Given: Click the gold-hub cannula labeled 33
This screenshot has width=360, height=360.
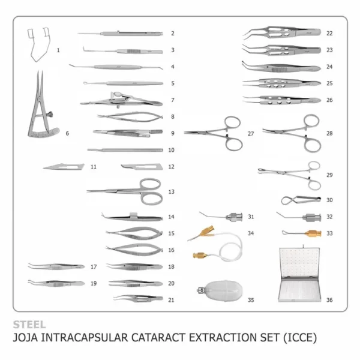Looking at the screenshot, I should point(302,232).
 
